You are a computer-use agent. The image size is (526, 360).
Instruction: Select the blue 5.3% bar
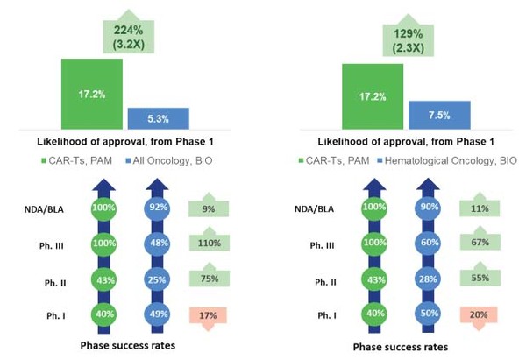(158, 119)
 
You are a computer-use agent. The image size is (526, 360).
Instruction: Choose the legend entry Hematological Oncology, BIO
(446, 160)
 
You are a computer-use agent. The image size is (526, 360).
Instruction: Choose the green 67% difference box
(481, 244)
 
